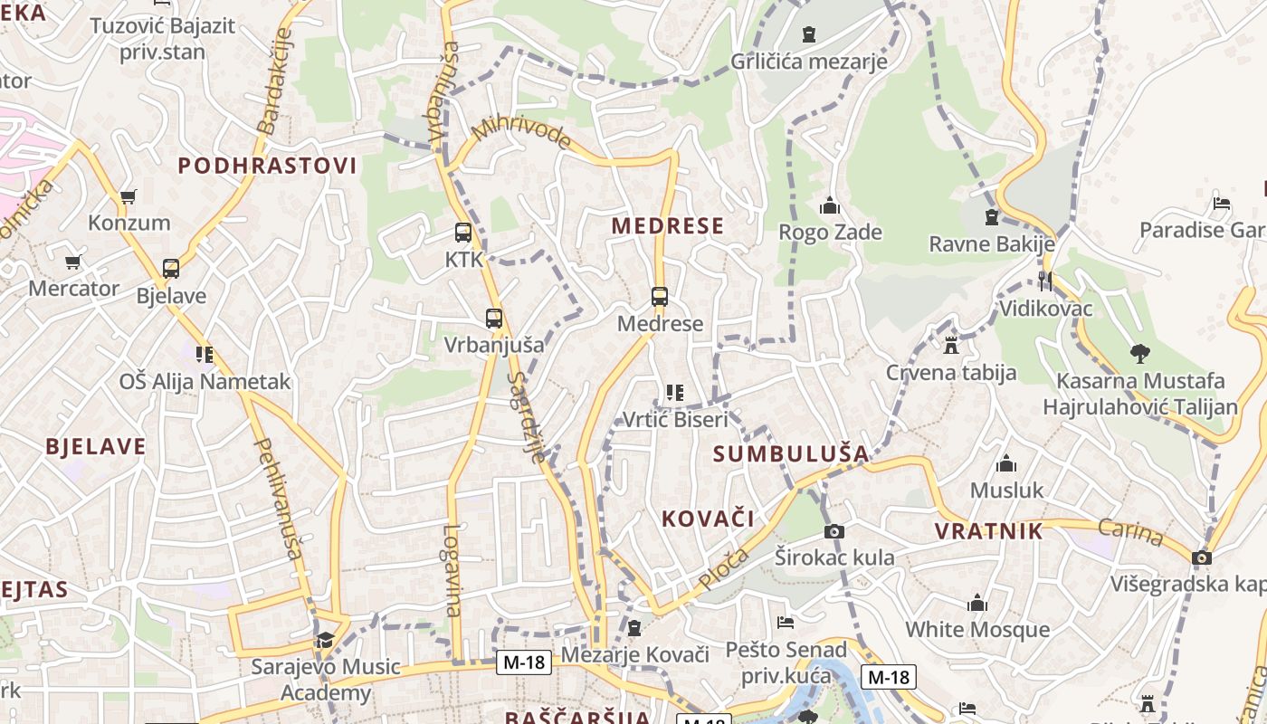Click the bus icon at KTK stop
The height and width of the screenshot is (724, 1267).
click(463, 233)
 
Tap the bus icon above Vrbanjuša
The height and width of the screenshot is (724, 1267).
click(493, 319)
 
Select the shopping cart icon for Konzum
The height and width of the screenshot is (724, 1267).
click(129, 196)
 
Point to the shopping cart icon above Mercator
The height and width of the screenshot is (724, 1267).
click(72, 262)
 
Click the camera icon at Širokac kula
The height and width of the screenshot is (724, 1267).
click(834, 531)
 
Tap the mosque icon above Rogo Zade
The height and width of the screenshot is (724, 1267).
click(830, 206)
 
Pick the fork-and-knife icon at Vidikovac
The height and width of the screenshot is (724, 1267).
click(1045, 281)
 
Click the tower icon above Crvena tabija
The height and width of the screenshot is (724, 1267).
click(950, 345)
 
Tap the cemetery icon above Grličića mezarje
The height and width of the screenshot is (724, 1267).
click(809, 34)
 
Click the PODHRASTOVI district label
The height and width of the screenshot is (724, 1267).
click(267, 166)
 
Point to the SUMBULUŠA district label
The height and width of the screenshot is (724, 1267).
click(791, 453)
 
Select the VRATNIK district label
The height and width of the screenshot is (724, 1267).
click(989, 531)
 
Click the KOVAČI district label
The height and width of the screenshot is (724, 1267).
click(708, 519)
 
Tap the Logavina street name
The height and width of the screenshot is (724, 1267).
click(453, 570)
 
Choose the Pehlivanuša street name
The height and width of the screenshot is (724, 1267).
click(278, 498)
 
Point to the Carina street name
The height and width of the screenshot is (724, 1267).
click(1131, 532)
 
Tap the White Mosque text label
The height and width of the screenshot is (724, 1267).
click(977, 629)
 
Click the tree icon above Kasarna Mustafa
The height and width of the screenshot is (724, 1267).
click(1139, 354)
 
